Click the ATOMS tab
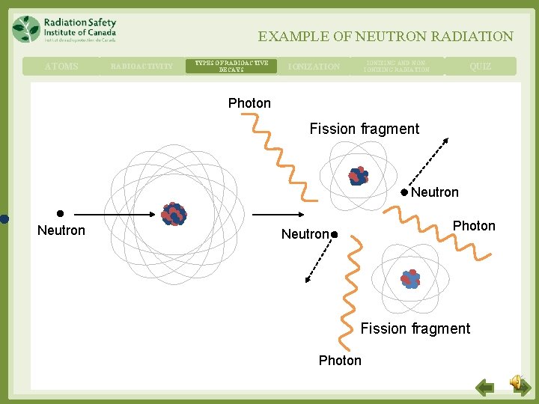point(61,67)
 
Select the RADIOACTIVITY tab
point(141,67)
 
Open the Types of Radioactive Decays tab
point(231,67)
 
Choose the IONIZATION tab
point(314,67)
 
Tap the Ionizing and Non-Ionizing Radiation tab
point(397,67)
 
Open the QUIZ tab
point(481,67)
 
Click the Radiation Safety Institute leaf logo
point(26,28)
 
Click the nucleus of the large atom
point(174,214)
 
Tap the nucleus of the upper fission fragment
point(359,176)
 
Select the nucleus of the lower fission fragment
point(410,278)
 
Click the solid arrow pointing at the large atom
point(121,215)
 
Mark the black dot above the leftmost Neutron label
point(60,213)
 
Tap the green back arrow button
point(485,388)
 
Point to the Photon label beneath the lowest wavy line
point(340,361)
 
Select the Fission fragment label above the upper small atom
point(365,129)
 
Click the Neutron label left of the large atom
point(61,230)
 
